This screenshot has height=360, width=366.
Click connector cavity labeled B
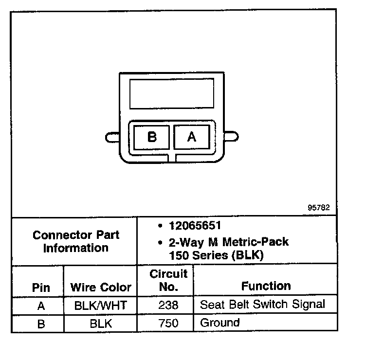[152, 137]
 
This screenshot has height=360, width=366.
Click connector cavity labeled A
[192, 137]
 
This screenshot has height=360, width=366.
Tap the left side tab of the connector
[112, 137]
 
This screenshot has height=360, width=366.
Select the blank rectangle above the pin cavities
[172, 93]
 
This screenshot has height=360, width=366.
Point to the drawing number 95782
[319, 207]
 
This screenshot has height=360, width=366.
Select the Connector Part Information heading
[75, 241]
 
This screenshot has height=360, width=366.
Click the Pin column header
[41, 287]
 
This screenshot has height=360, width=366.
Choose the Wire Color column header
[101, 287]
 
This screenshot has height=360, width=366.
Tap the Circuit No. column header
[168, 281]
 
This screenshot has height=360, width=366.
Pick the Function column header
[266, 286]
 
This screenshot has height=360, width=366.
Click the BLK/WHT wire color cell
[101, 306]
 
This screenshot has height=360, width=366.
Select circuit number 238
[168, 306]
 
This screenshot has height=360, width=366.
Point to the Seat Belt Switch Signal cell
[262, 305]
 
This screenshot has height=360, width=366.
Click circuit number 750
[168, 323]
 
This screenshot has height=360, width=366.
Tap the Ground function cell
[220, 323]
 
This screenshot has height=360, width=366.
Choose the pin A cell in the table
[41, 306]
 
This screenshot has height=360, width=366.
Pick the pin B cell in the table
[41, 324]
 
